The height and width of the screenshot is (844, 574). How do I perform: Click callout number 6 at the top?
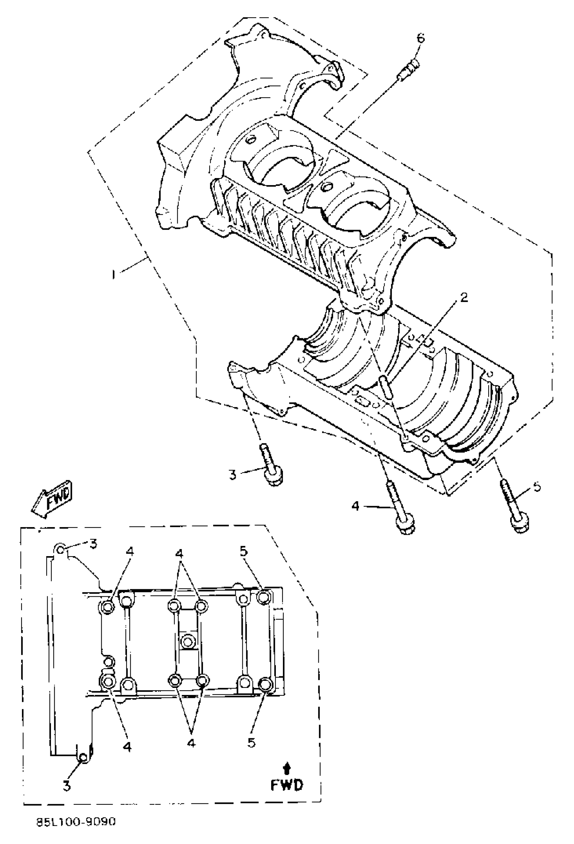pos(420,38)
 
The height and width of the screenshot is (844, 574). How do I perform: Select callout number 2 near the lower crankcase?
pos(463,297)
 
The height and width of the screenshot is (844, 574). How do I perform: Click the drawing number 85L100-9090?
pos(76,821)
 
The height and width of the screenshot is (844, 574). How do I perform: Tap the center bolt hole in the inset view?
pos(188,641)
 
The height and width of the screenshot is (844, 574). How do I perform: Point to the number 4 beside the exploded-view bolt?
pos(356,505)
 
